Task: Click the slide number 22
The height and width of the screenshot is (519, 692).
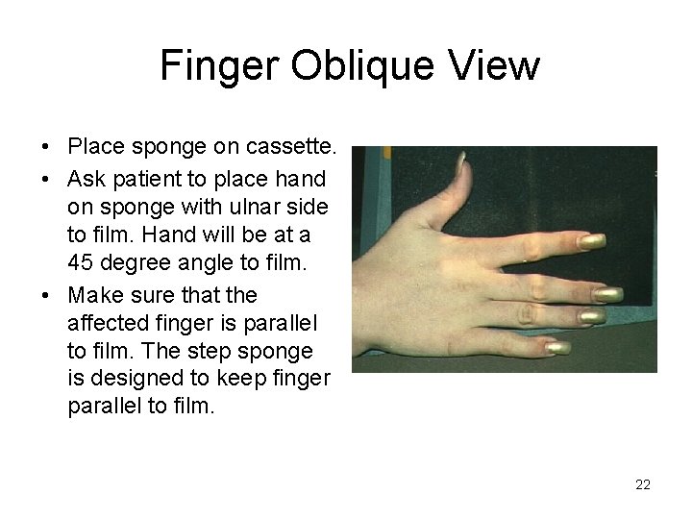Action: coord(643,484)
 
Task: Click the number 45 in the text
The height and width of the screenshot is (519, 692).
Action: coord(81,262)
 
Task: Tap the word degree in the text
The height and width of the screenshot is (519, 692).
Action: coord(136,262)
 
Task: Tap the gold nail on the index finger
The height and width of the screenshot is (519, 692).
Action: coord(592,242)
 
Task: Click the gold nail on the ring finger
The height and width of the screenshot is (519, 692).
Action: coord(592,315)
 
